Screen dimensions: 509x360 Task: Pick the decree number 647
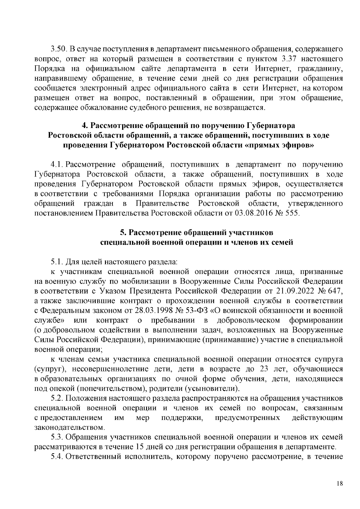click(x=335, y=291)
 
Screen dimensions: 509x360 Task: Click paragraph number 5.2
click(x=56, y=398)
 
